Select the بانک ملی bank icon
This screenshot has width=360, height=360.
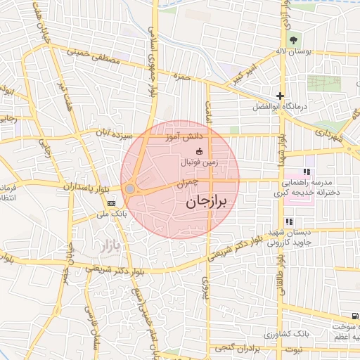pos(111,202)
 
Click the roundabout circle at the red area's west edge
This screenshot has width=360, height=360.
pos(130,188)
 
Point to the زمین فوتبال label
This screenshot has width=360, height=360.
pos(200,162)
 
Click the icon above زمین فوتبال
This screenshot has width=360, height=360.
pos(199,151)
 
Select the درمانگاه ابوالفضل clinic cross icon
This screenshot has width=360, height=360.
pos(281,96)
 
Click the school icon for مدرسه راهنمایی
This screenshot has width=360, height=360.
pos(307,172)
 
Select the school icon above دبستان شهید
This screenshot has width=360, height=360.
pos(289,221)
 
